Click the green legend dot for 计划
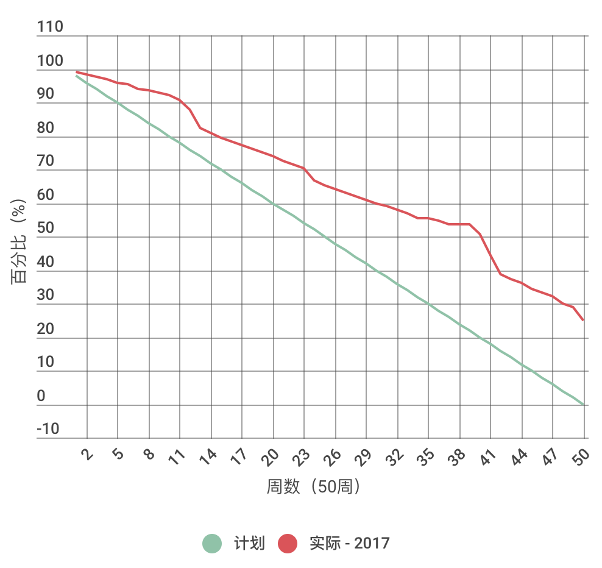pos(213,543)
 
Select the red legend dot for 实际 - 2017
pos(288,543)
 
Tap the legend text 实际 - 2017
pos(349,543)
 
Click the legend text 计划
pos(250,543)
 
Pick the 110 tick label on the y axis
pos(50,27)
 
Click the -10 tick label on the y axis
pos(49,429)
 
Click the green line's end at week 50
pos(584,404)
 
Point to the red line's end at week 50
pos(583,320)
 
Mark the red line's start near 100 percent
pos(77,72)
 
